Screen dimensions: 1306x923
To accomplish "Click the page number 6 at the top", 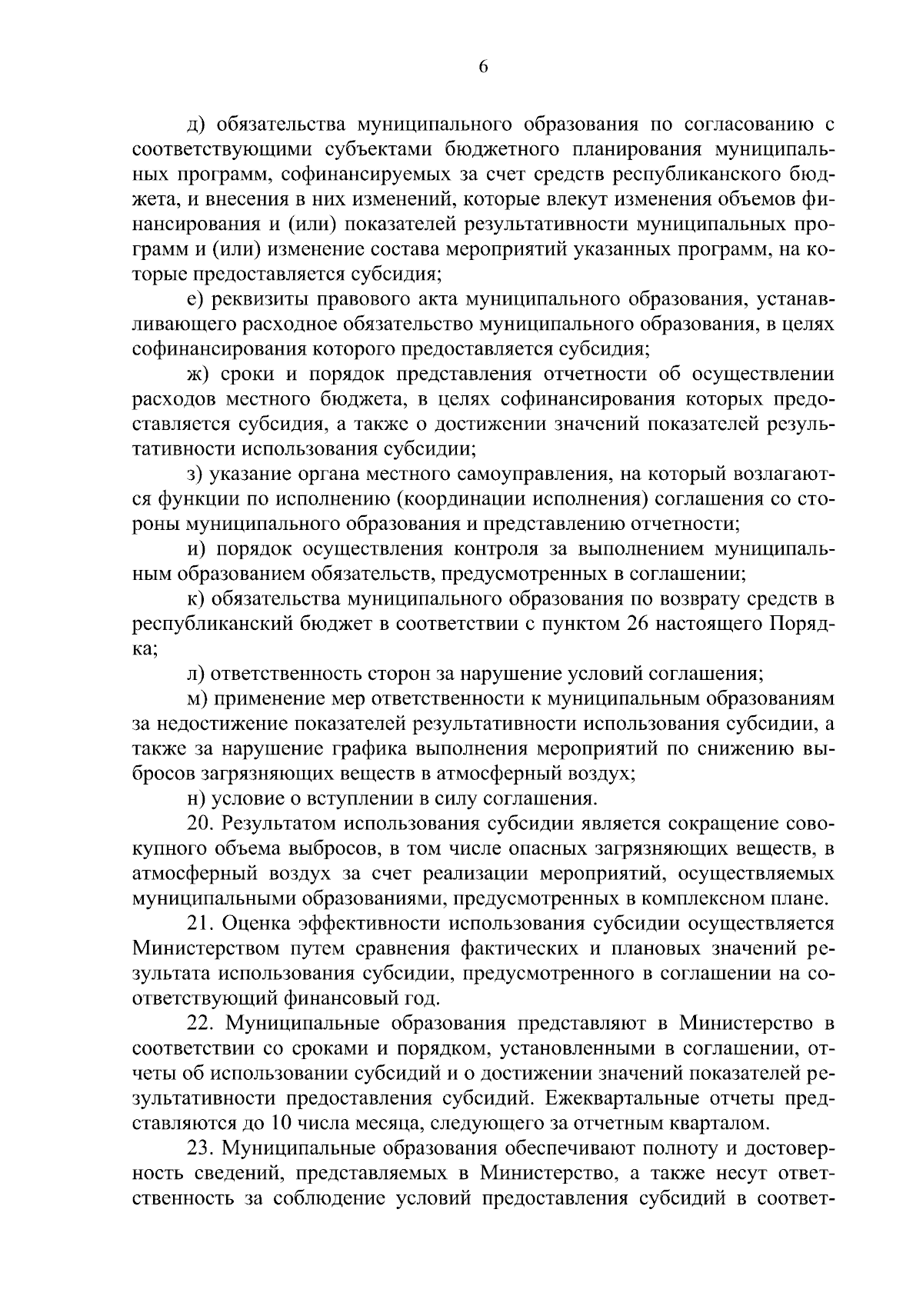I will pyautogui.click(x=483, y=67).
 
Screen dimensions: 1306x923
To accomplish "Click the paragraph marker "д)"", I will pyautogui.click(x=196, y=124).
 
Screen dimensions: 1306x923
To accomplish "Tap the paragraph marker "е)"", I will pyautogui.click(x=195, y=299).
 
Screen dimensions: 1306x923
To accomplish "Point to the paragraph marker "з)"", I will pyautogui.click(x=195, y=475).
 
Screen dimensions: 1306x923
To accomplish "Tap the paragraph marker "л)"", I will pyautogui.click(x=195, y=675).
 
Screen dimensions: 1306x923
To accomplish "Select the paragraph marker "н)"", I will pyautogui.click(x=195, y=799).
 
